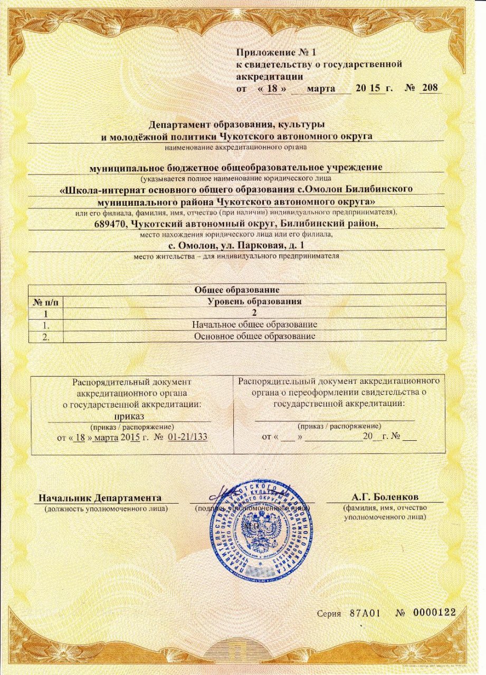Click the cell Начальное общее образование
point(255,324)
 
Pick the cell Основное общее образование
point(255,335)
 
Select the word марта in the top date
point(321,88)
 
